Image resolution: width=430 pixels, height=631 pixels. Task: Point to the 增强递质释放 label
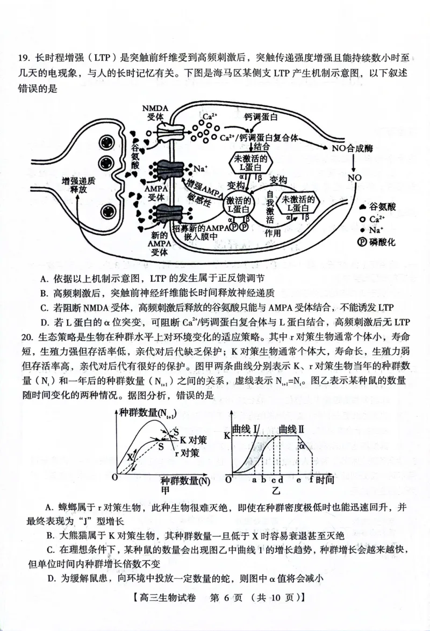point(78,186)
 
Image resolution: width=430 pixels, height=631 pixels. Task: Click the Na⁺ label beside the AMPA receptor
point(200,168)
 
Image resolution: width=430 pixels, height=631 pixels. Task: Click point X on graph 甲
point(130,456)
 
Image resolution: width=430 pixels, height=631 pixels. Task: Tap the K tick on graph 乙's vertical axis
point(226,435)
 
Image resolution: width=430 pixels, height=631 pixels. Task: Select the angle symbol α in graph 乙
point(302,445)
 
